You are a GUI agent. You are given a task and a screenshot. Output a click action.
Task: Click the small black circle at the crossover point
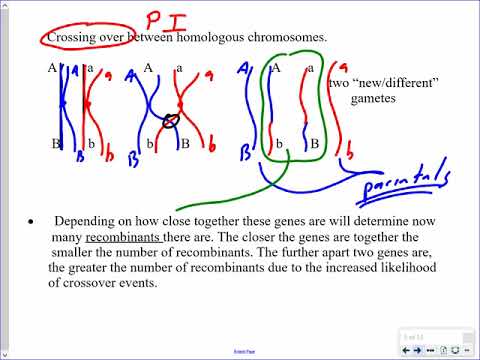pos(172,123)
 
